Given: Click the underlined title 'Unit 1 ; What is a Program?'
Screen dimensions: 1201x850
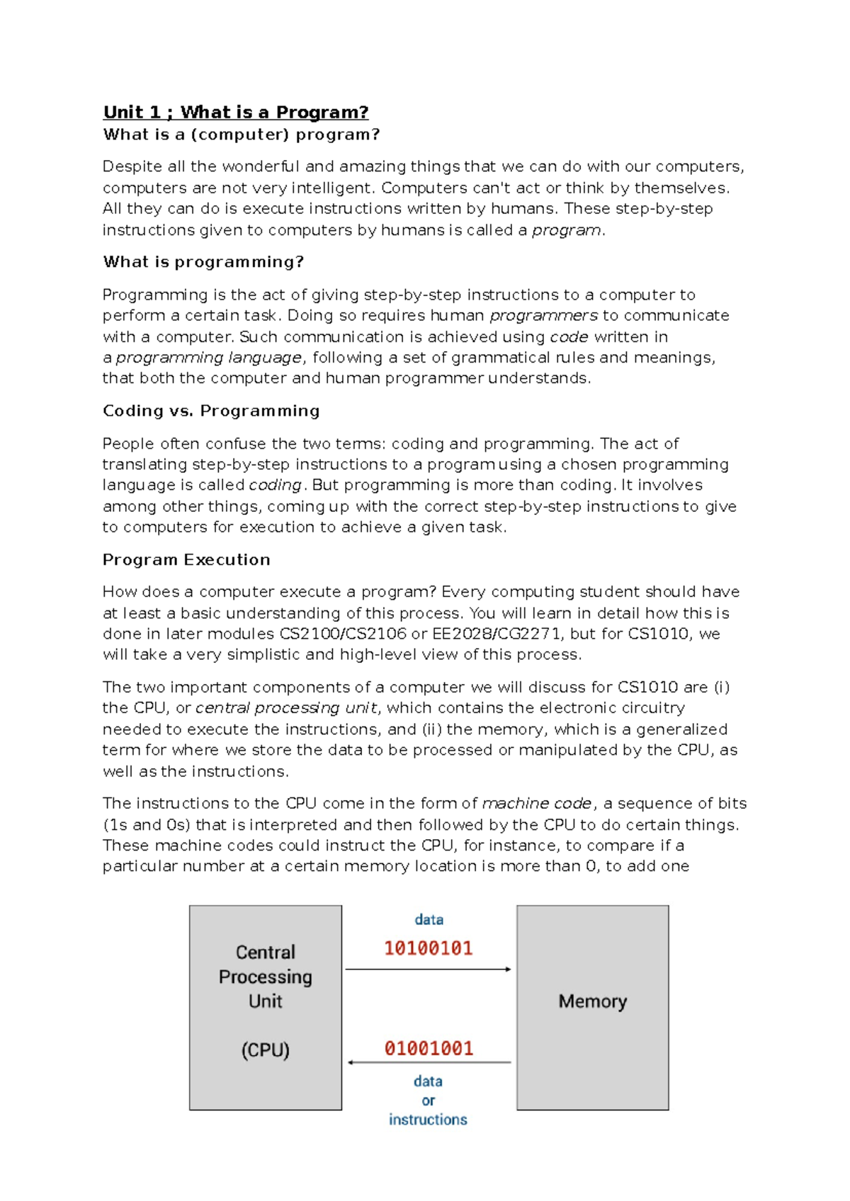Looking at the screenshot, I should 235,113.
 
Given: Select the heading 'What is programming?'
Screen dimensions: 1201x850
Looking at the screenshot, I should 203,262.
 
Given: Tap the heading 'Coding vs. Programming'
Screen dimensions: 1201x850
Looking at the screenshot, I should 211,411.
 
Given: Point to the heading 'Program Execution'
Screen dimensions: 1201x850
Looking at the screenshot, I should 186,559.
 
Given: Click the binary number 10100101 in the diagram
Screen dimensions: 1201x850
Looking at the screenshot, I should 428,948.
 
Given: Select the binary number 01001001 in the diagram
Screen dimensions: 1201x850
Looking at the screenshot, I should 429,1048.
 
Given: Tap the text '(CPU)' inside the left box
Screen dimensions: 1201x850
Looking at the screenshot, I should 265,1049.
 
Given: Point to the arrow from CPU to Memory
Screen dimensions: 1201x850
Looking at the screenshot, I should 428,969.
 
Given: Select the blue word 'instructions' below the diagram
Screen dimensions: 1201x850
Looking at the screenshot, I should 428,1120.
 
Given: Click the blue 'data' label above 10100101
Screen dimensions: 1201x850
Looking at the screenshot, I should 429,919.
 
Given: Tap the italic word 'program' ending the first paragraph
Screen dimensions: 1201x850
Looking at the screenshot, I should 566,230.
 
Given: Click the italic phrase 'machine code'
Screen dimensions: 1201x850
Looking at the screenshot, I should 536,803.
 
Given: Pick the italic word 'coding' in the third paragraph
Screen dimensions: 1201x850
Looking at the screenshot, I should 275,485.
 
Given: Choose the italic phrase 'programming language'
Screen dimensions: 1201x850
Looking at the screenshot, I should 208,358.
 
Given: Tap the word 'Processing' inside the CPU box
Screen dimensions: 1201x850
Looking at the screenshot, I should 265,977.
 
